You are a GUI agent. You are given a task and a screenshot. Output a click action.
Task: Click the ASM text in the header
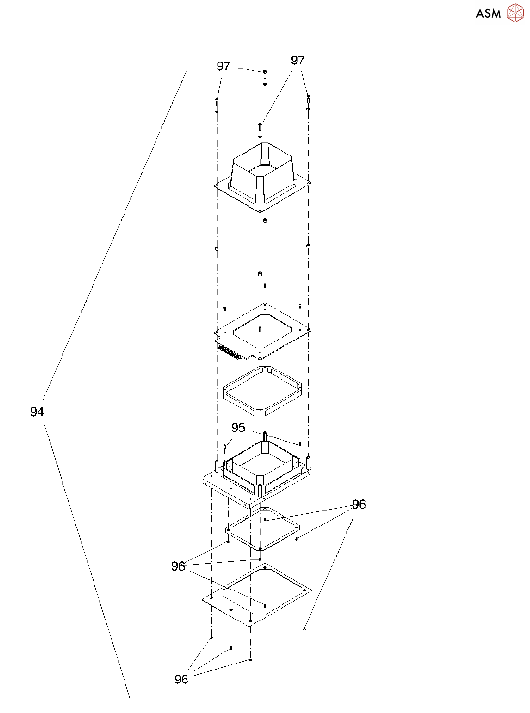click(x=488, y=13)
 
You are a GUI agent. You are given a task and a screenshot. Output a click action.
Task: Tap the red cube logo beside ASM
click(x=515, y=13)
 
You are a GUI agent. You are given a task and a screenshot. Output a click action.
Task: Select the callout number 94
click(x=37, y=412)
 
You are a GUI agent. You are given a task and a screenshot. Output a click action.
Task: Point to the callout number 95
click(x=238, y=427)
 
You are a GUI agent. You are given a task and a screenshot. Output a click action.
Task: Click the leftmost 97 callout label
click(x=223, y=66)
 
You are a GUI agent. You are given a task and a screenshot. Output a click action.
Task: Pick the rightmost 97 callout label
click(x=298, y=61)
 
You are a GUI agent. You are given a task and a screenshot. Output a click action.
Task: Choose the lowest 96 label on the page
click(x=181, y=679)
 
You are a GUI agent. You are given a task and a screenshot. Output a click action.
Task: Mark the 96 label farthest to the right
click(x=359, y=504)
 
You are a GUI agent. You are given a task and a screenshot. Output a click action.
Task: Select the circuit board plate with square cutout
click(x=263, y=330)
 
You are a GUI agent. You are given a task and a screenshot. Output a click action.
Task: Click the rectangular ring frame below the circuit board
click(x=262, y=391)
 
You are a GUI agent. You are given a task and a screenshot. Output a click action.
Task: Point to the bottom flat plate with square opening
click(x=256, y=595)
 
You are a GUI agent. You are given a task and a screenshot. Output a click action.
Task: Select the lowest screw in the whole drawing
click(x=250, y=659)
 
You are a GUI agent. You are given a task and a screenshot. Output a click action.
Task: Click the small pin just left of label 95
click(x=225, y=446)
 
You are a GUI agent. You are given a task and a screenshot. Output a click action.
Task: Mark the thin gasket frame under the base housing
click(x=263, y=529)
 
